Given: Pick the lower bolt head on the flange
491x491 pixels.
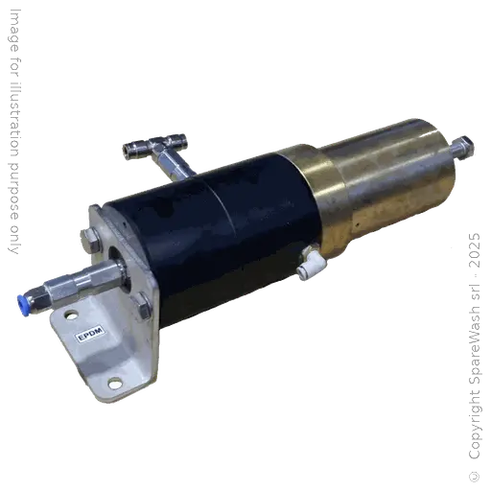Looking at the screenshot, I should click(x=141, y=310).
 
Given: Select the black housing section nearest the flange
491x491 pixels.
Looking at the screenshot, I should click(x=177, y=259).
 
